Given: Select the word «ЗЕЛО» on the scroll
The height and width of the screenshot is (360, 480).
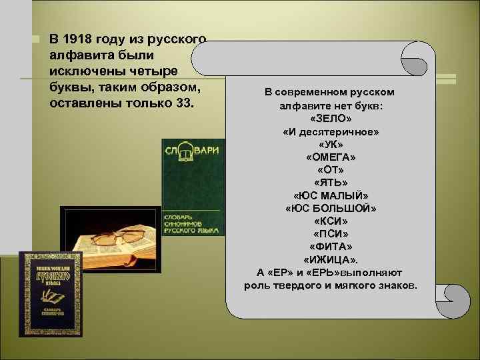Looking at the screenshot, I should (x=331, y=118).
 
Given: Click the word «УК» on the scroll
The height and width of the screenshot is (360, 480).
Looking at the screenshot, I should (x=331, y=144).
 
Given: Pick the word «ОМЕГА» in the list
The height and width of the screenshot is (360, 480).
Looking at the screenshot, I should (x=331, y=157).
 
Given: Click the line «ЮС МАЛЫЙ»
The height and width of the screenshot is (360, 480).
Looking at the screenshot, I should (x=331, y=195).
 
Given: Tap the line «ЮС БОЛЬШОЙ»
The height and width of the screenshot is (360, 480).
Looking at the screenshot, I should (x=331, y=208).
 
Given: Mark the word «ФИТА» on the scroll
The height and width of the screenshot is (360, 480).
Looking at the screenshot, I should (x=331, y=247).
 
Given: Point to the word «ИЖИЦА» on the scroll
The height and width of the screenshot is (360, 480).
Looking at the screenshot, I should (x=331, y=259).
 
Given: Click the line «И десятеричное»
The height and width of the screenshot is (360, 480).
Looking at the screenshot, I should (x=331, y=131).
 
